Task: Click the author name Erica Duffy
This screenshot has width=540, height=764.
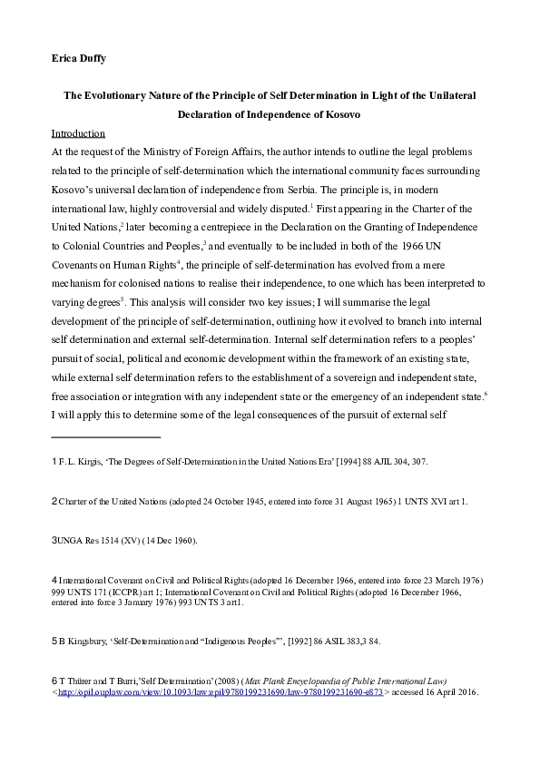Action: [x=80, y=60]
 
